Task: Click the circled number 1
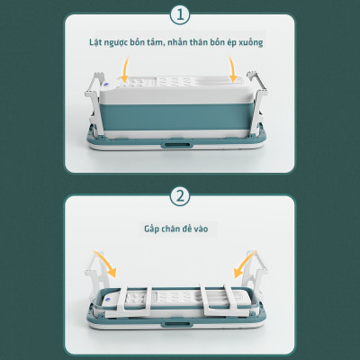click(x=180, y=15)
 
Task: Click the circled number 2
click(x=180, y=197)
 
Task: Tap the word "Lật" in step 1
click(x=94, y=42)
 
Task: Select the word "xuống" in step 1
click(x=251, y=42)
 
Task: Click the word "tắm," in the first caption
click(x=156, y=42)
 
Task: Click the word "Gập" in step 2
click(x=151, y=229)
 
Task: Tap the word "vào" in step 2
click(x=201, y=229)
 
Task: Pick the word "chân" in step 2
click(x=171, y=229)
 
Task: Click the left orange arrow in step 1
click(x=126, y=69)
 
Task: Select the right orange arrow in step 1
click(x=232, y=69)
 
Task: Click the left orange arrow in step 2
click(x=106, y=263)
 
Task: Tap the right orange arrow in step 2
click(x=245, y=264)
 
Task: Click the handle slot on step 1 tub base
click(x=176, y=145)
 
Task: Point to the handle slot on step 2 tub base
click(x=176, y=324)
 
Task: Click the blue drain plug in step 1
click(x=107, y=85)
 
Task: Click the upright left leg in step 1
click(x=94, y=102)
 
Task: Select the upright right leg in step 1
click(x=258, y=102)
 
